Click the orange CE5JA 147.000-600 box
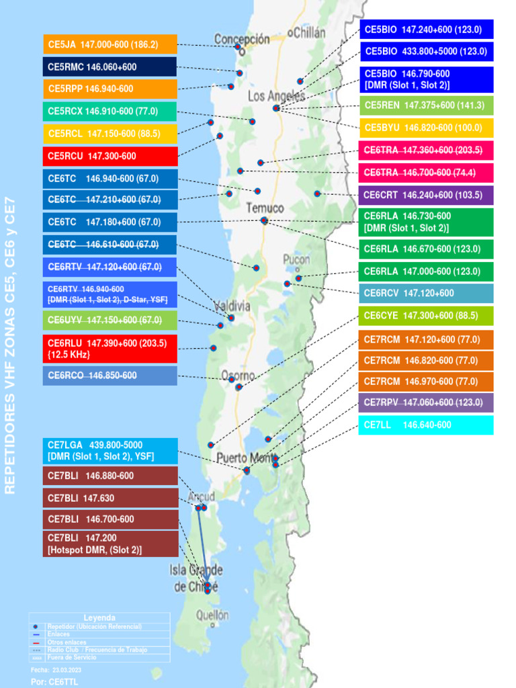(110, 44)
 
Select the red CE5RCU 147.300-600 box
(110, 156)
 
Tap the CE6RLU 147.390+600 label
(110, 349)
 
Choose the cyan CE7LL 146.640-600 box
(426, 425)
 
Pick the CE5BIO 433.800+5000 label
(426, 51)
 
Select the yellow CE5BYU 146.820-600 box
(426, 128)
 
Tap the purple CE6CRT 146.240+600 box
(426, 195)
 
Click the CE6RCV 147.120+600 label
(426, 293)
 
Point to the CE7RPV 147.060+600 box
(426, 402)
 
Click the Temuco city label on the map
(265, 208)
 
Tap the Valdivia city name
(232, 306)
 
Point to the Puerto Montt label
(246, 458)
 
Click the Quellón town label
(212, 615)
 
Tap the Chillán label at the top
(306, 32)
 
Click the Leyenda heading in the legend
(99, 617)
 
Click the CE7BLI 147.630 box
(110, 498)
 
